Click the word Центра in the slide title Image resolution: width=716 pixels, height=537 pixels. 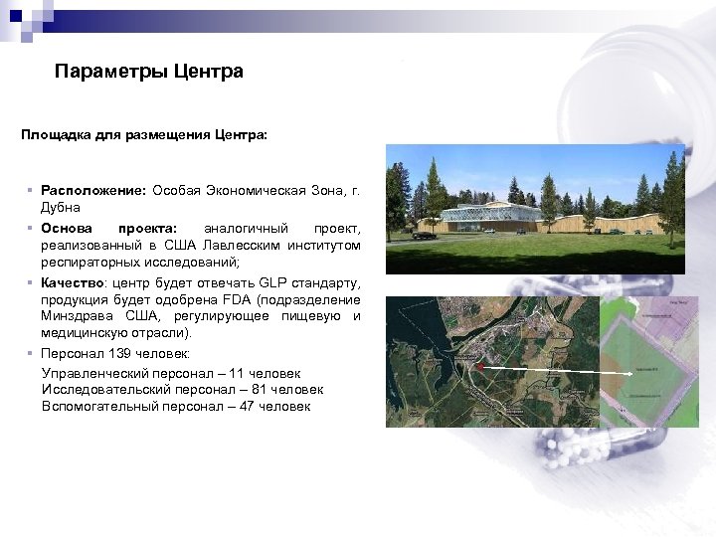(208, 72)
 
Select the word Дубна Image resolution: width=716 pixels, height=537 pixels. (62, 208)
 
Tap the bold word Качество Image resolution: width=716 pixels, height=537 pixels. (77, 282)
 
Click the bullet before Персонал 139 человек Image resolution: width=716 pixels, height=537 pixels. (32, 354)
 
